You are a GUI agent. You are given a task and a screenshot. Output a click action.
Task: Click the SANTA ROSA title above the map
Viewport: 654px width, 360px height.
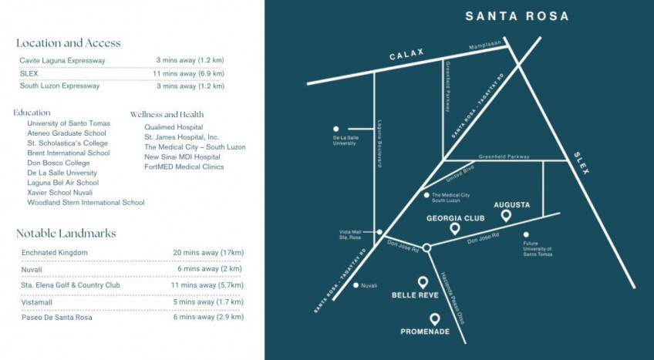point(517,16)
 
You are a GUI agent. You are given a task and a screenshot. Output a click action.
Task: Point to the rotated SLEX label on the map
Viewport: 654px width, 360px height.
point(581,162)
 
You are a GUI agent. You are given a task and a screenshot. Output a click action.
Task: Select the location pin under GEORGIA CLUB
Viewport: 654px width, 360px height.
point(455,229)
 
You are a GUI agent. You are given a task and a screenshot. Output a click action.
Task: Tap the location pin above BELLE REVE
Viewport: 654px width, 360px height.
point(423,283)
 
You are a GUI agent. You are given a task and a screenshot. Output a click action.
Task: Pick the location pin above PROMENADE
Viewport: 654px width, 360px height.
point(435,319)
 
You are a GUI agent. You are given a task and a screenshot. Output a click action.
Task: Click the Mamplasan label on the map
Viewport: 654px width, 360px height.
point(484,45)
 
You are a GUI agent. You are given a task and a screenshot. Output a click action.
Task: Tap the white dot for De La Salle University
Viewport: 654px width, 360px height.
point(335,129)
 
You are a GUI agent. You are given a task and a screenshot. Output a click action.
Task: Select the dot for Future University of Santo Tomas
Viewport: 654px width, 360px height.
point(527,234)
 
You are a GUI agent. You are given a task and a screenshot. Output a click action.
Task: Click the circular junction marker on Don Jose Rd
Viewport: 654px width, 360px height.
point(426,247)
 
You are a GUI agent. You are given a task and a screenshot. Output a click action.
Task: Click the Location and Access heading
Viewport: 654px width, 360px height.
point(68,43)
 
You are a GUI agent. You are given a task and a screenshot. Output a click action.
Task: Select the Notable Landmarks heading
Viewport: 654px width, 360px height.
point(66,234)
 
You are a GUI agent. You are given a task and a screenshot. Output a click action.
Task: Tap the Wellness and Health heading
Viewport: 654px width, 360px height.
point(167,114)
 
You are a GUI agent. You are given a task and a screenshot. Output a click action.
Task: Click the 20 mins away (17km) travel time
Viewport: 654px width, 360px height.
point(208,253)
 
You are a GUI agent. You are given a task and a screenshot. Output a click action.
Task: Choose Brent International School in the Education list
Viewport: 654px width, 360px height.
point(68,153)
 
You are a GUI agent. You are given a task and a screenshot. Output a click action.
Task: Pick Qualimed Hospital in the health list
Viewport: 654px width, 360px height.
point(174,126)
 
